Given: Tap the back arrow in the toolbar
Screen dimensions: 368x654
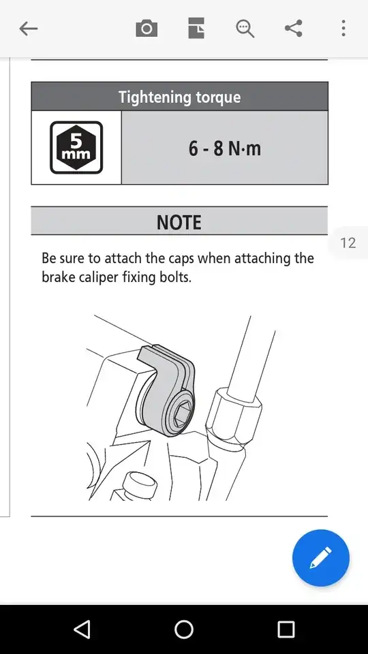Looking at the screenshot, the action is pyautogui.click(x=29, y=29).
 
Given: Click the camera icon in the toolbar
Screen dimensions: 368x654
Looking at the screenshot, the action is pyautogui.click(x=147, y=29).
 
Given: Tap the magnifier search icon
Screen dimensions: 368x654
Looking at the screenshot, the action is pyautogui.click(x=245, y=29).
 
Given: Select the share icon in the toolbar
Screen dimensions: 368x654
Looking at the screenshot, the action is pyautogui.click(x=293, y=29).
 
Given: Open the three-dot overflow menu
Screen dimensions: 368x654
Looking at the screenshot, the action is pyautogui.click(x=343, y=29).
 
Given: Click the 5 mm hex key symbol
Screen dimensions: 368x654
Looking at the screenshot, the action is pyautogui.click(x=76, y=147).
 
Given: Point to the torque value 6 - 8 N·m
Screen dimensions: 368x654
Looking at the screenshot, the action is pyautogui.click(x=224, y=149).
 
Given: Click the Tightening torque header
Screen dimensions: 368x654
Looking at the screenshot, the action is pyautogui.click(x=179, y=97).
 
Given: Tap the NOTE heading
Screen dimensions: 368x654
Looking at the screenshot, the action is pyautogui.click(x=179, y=222).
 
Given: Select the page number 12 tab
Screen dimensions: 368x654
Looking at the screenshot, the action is pyautogui.click(x=348, y=243).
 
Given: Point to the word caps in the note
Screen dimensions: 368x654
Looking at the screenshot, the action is pyautogui.click(x=181, y=259).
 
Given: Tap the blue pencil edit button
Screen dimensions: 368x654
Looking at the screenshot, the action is pyautogui.click(x=320, y=558).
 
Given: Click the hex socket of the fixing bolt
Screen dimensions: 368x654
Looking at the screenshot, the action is pyautogui.click(x=182, y=413).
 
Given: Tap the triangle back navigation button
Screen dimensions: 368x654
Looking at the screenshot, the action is pyautogui.click(x=82, y=629).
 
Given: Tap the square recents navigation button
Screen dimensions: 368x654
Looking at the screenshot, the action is pyautogui.click(x=286, y=629).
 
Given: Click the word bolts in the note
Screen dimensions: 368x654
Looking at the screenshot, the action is pyautogui.click(x=176, y=277).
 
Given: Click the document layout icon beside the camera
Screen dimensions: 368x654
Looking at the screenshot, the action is pyautogui.click(x=196, y=29).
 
